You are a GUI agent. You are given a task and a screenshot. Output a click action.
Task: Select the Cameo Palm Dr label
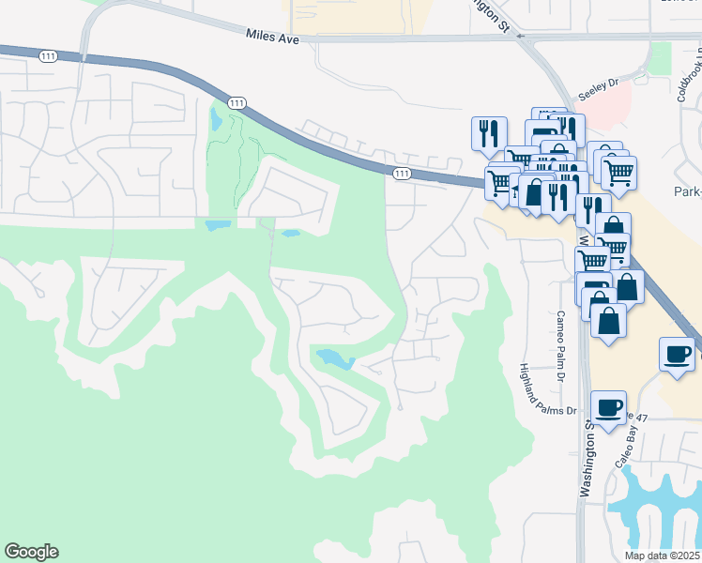coord(561,333)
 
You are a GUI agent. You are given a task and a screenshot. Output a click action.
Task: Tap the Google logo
coord(31,552)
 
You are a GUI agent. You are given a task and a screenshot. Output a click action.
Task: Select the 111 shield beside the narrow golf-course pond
coord(237,102)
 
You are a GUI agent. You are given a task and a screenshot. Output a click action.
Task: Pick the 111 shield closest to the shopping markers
coord(402,173)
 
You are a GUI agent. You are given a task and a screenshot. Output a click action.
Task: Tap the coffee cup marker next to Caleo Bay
coord(608,407)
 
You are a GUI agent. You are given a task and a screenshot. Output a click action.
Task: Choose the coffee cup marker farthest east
coord(677,354)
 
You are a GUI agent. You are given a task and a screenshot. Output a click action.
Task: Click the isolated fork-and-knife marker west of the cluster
coord(488,133)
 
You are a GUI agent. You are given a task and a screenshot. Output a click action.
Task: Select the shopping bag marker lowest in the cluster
coord(609,321)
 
